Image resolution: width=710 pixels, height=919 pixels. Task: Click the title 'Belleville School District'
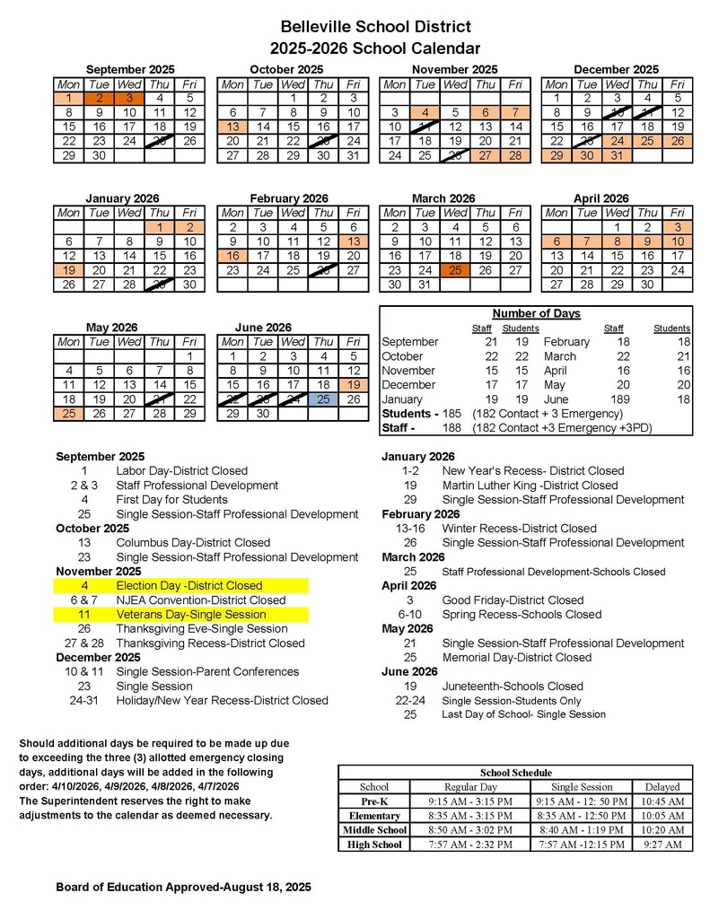click(x=375, y=28)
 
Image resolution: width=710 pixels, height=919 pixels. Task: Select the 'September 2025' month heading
click(x=129, y=69)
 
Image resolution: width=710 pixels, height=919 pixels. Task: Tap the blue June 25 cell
click(x=324, y=398)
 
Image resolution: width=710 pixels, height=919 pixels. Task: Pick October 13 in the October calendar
click(x=232, y=127)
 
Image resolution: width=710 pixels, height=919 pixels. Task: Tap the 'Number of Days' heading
click(x=537, y=313)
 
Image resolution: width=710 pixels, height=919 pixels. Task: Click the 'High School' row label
click(x=374, y=845)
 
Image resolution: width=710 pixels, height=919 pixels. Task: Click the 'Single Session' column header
click(x=582, y=787)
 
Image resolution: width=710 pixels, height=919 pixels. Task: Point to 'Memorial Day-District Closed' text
click(x=517, y=657)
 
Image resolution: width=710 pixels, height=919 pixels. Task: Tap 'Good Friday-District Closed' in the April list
click(x=513, y=600)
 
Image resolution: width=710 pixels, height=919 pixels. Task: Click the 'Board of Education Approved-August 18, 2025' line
click(x=184, y=887)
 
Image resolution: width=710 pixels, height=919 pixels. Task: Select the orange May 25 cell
click(x=69, y=414)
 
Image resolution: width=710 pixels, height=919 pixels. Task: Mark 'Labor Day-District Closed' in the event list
click(x=181, y=470)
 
